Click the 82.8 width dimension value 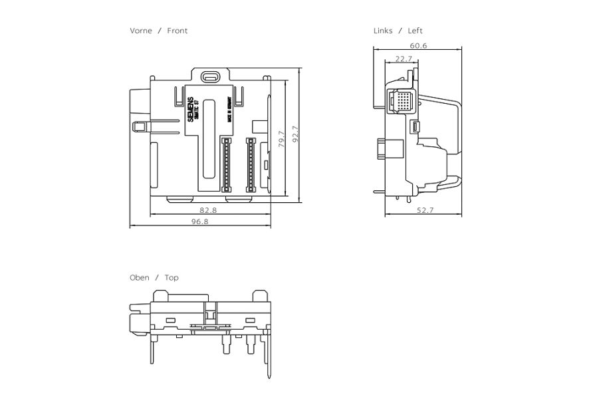click(208, 210)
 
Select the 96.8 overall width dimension click(200, 221)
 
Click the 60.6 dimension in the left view click(418, 46)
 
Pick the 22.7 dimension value click(404, 59)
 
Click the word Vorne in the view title click(140, 31)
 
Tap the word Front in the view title click(178, 31)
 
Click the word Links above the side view click(383, 31)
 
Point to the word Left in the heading click(415, 31)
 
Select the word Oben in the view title click(140, 277)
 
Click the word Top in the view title click(172, 277)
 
